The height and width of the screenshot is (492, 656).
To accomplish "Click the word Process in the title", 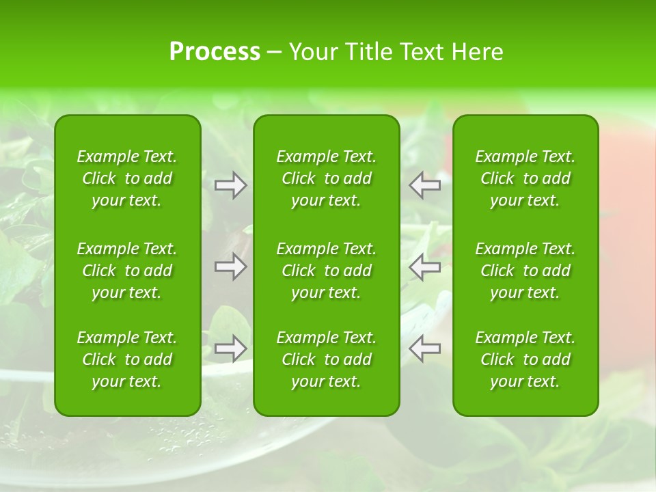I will click(215, 52).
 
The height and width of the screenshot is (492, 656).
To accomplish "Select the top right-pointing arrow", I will click(231, 185).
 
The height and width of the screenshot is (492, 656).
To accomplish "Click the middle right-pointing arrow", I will click(231, 266).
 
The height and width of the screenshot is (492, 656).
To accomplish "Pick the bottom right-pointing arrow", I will click(231, 348).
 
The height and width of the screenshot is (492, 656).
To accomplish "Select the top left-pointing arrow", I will click(425, 185).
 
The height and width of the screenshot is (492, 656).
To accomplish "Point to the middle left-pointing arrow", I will click(425, 266).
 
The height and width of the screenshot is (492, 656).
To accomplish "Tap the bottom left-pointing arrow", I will click(425, 348).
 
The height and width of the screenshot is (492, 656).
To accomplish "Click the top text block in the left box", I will click(127, 178).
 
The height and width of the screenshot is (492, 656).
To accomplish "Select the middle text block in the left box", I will click(127, 271).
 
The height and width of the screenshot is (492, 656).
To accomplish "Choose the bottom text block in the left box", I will click(127, 359).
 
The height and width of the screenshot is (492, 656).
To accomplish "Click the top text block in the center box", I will click(326, 178).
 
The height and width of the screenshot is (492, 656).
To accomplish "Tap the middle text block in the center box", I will click(326, 271).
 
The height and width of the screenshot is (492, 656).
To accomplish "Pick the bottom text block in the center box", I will click(326, 359).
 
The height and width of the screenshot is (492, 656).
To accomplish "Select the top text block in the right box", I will click(525, 178).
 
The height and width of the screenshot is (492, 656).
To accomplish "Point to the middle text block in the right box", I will click(525, 271).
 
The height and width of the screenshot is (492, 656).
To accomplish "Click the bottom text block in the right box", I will click(525, 359).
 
